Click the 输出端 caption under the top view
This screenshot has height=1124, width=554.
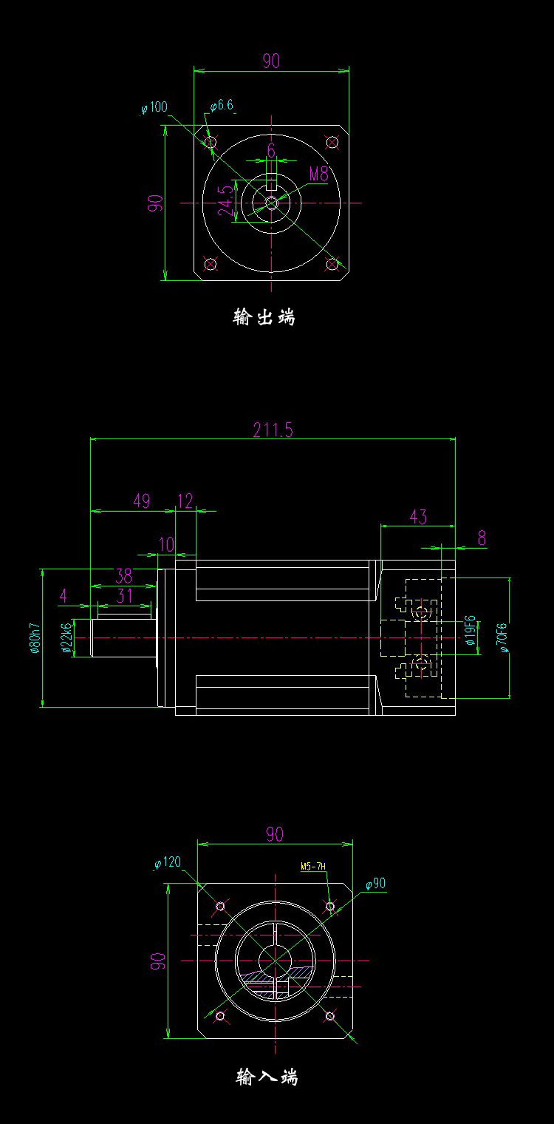click(x=264, y=318)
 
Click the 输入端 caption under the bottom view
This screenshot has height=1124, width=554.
click(x=267, y=1077)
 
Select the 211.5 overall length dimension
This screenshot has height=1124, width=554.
click(x=273, y=430)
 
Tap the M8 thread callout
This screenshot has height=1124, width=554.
click(x=318, y=175)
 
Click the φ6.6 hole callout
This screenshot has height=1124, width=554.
click(x=222, y=106)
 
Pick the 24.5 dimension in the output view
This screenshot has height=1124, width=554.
click(x=226, y=200)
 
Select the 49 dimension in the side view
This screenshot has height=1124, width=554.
click(x=142, y=501)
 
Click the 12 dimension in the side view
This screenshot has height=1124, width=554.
click(x=185, y=501)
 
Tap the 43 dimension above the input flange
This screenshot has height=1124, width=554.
click(x=418, y=517)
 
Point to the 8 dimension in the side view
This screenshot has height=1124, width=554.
click(x=482, y=538)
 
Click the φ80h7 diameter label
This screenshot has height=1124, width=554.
click(x=33, y=637)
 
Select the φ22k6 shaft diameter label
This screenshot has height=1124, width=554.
click(x=66, y=638)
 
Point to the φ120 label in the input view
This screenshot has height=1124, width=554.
click(x=167, y=862)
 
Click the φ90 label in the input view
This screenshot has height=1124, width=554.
click(x=375, y=884)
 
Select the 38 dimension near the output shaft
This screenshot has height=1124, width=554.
click(x=123, y=574)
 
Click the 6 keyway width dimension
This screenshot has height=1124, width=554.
click(x=271, y=151)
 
